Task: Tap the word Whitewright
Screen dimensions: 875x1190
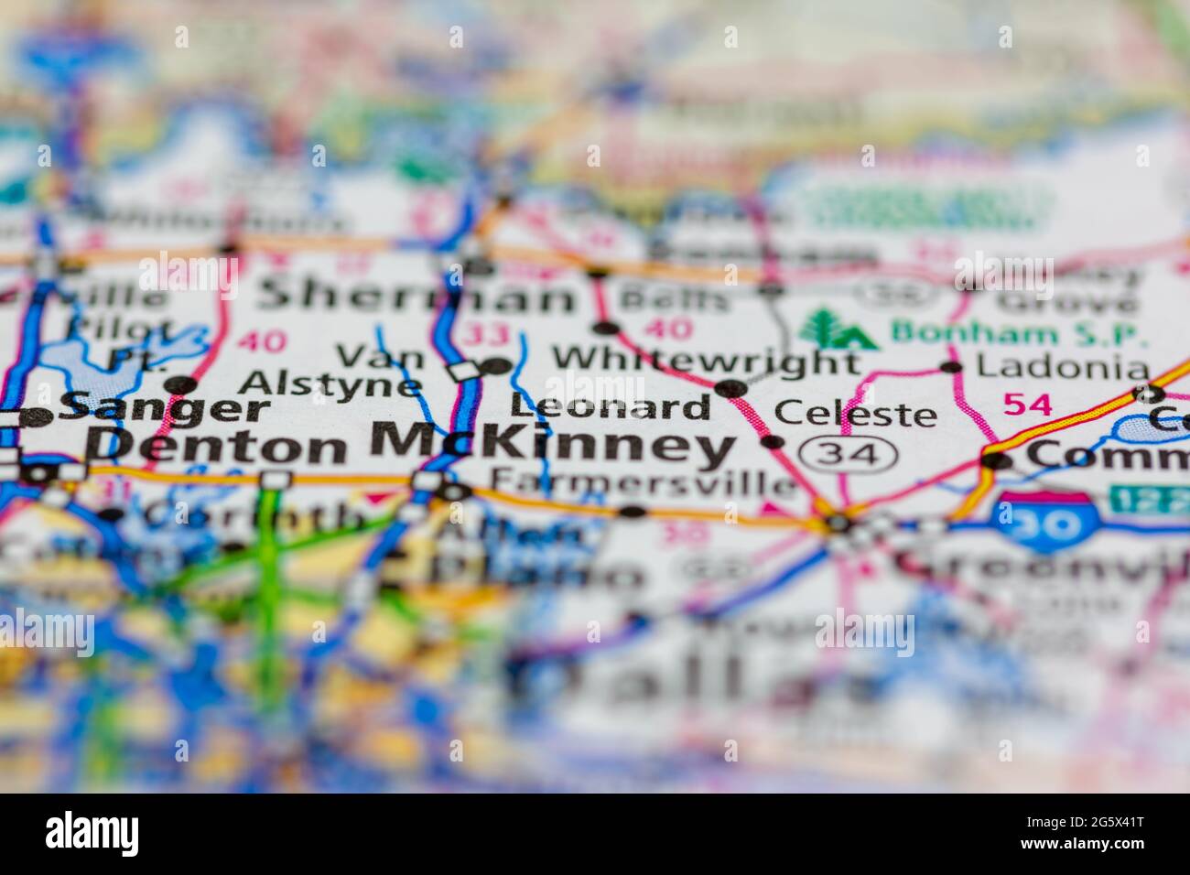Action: coord(705,360)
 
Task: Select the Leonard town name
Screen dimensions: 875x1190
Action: coord(611,406)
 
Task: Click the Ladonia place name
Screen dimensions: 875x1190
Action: coord(1062,368)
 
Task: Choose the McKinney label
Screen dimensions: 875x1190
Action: coord(551,445)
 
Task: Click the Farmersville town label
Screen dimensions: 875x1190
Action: coord(643,481)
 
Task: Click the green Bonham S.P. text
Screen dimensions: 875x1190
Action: coord(1019,331)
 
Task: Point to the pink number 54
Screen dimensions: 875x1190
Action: coord(1027,403)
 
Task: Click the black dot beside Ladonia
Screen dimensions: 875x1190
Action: coord(952,368)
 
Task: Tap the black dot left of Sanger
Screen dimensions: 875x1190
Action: coord(37,418)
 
